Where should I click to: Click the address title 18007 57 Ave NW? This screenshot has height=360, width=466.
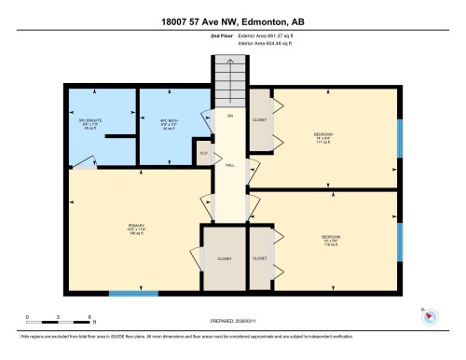click(x=232, y=21)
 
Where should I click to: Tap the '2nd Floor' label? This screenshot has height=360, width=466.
click(x=197, y=36)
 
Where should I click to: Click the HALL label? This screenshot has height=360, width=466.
click(x=228, y=165)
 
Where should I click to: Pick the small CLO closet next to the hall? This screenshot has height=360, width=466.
click(x=203, y=154)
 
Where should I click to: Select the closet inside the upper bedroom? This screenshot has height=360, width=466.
click(x=260, y=120)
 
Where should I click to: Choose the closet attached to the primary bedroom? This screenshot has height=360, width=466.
click(x=225, y=257)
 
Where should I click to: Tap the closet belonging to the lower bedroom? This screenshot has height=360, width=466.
click(x=260, y=257)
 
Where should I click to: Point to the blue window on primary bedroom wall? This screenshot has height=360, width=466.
click(x=132, y=295)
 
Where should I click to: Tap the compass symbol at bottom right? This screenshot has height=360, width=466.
click(x=429, y=315)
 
